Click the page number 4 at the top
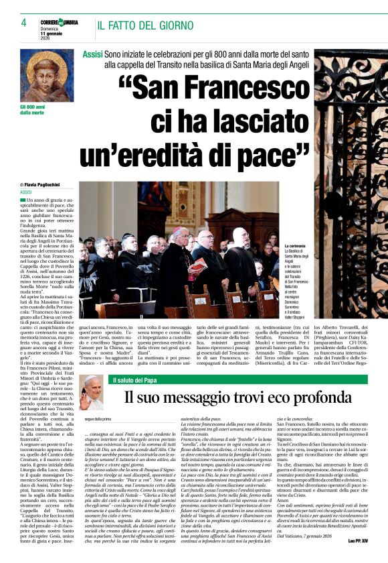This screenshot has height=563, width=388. (14, 23)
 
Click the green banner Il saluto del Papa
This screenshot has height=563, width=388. (151, 380)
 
